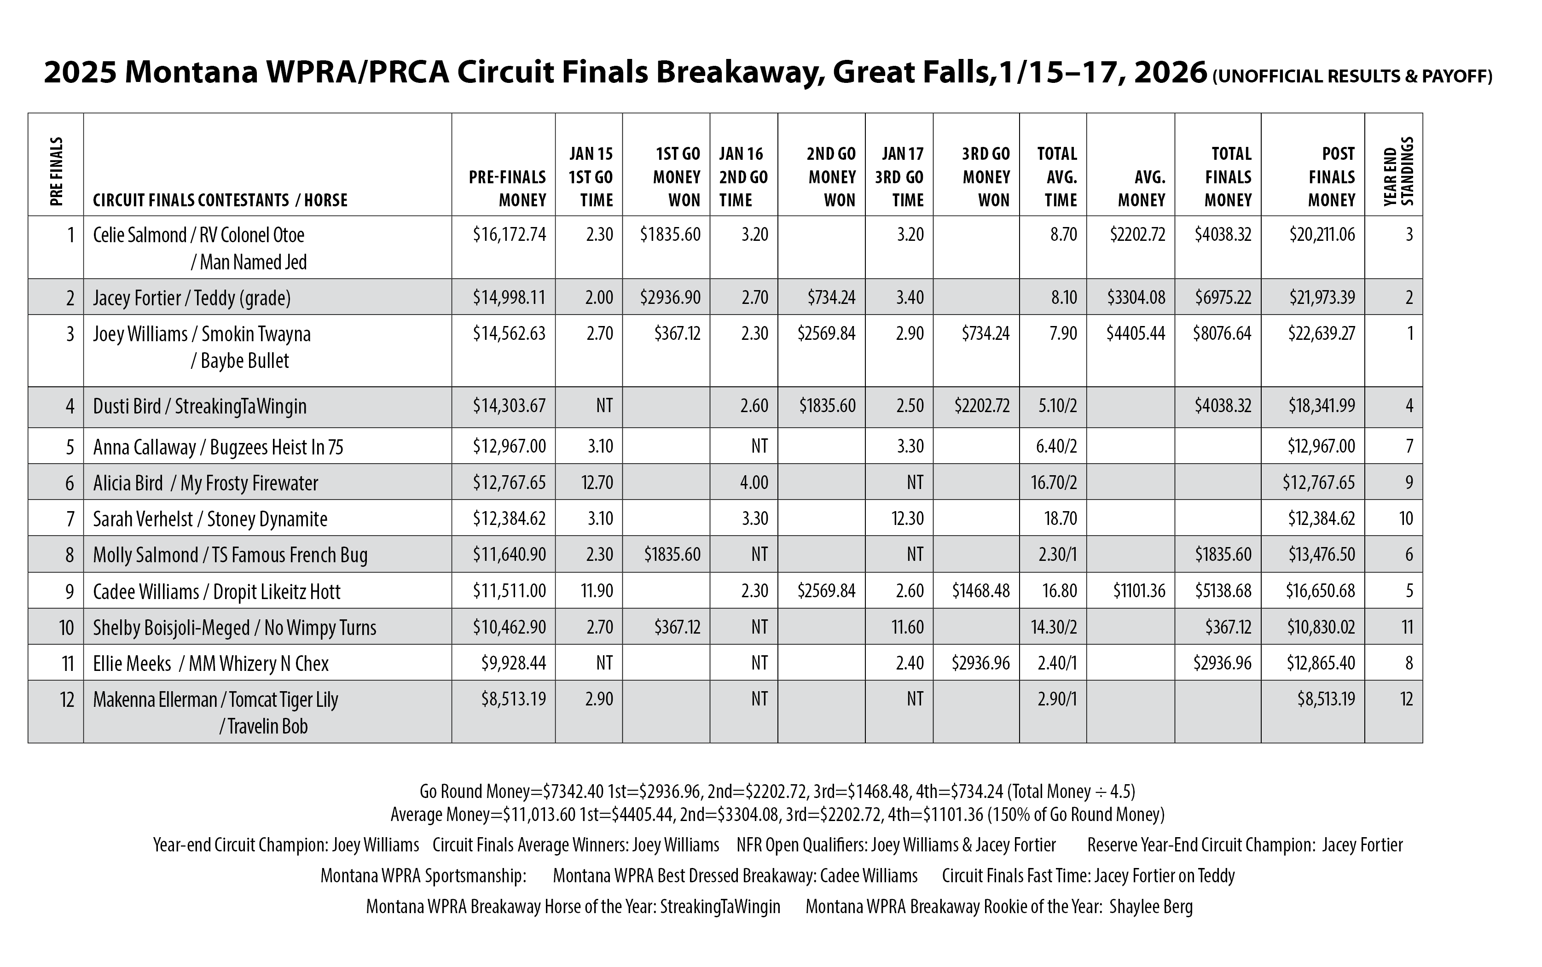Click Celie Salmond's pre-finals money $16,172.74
[x=510, y=235]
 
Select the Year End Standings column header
[x=1398, y=171]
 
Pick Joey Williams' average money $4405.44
[x=1136, y=333]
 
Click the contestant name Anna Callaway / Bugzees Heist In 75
[x=218, y=446]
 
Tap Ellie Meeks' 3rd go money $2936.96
[x=981, y=663]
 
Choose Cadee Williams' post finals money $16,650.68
[x=1320, y=590]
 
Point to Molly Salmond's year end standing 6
[x=1409, y=554]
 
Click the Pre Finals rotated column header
[x=56, y=171]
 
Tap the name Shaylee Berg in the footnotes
[x=1151, y=907]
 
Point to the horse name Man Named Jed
[x=253, y=262]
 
